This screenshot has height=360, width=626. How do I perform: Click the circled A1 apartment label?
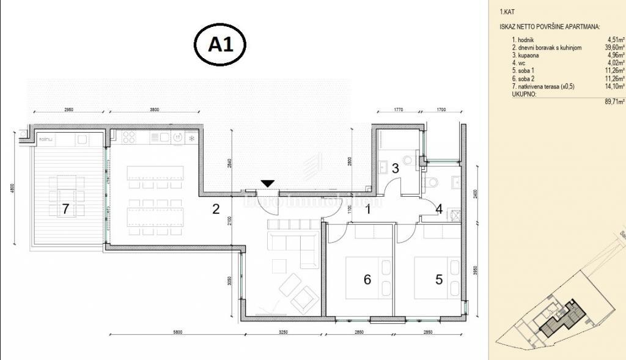pyautogui.click(x=220, y=45)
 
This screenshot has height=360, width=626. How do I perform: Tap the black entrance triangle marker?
pyautogui.click(x=268, y=183)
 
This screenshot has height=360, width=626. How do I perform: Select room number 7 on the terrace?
pyautogui.click(x=65, y=209)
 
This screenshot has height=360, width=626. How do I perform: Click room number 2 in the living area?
pyautogui.click(x=215, y=209)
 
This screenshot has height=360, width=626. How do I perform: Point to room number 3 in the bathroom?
pyautogui.click(x=396, y=168)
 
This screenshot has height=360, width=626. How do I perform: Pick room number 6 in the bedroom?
pyautogui.click(x=367, y=279)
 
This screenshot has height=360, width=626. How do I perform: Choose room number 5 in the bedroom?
pyautogui.click(x=438, y=279)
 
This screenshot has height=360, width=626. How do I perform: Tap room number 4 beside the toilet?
pyautogui.click(x=438, y=209)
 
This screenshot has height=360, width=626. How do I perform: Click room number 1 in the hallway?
pyautogui.click(x=368, y=209)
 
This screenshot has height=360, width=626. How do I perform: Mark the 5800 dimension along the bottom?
pyautogui.click(x=177, y=332)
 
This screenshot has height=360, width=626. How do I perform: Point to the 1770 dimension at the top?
pyautogui.click(x=399, y=109)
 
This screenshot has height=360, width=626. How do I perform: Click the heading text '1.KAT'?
pyautogui.click(x=507, y=11)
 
